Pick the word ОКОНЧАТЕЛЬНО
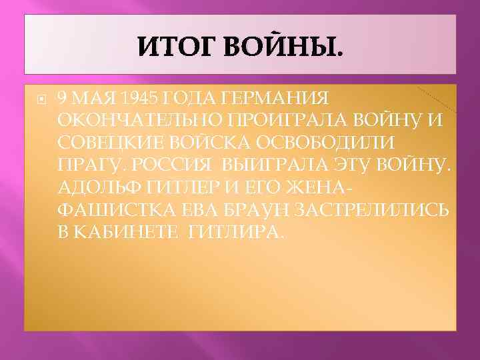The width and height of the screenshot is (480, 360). (x=131, y=121)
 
